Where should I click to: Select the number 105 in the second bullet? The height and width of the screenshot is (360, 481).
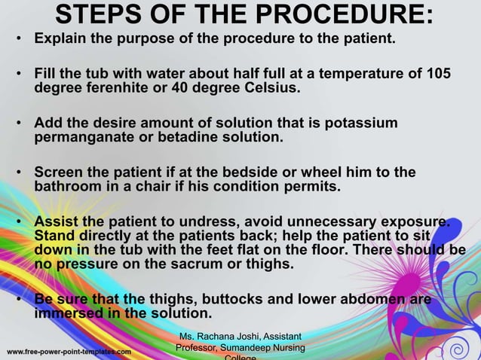coord(438,74)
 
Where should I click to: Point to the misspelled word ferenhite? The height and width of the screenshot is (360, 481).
coord(114,87)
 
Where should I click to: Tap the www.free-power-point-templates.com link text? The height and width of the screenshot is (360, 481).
coord(69,352)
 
